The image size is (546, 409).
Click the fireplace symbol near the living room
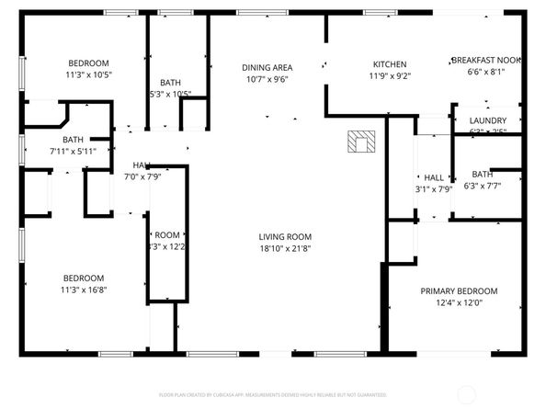361,142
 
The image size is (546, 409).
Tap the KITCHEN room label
389,64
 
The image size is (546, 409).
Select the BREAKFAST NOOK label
486,60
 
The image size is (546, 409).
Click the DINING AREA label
267,67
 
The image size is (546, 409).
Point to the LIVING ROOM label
285,236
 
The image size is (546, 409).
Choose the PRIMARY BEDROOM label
459,290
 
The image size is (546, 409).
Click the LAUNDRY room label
487,120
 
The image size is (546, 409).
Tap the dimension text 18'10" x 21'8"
285,249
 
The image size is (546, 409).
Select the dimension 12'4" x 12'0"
459,303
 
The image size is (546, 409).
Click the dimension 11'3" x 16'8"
84,290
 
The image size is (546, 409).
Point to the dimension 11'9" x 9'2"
389,76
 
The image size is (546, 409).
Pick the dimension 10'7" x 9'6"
267,79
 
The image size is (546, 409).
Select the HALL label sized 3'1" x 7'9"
433,177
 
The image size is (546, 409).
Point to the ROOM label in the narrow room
167,235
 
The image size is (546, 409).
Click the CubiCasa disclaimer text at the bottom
273,393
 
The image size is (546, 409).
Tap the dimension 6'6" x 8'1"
486,72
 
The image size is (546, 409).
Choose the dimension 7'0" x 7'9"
142,176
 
